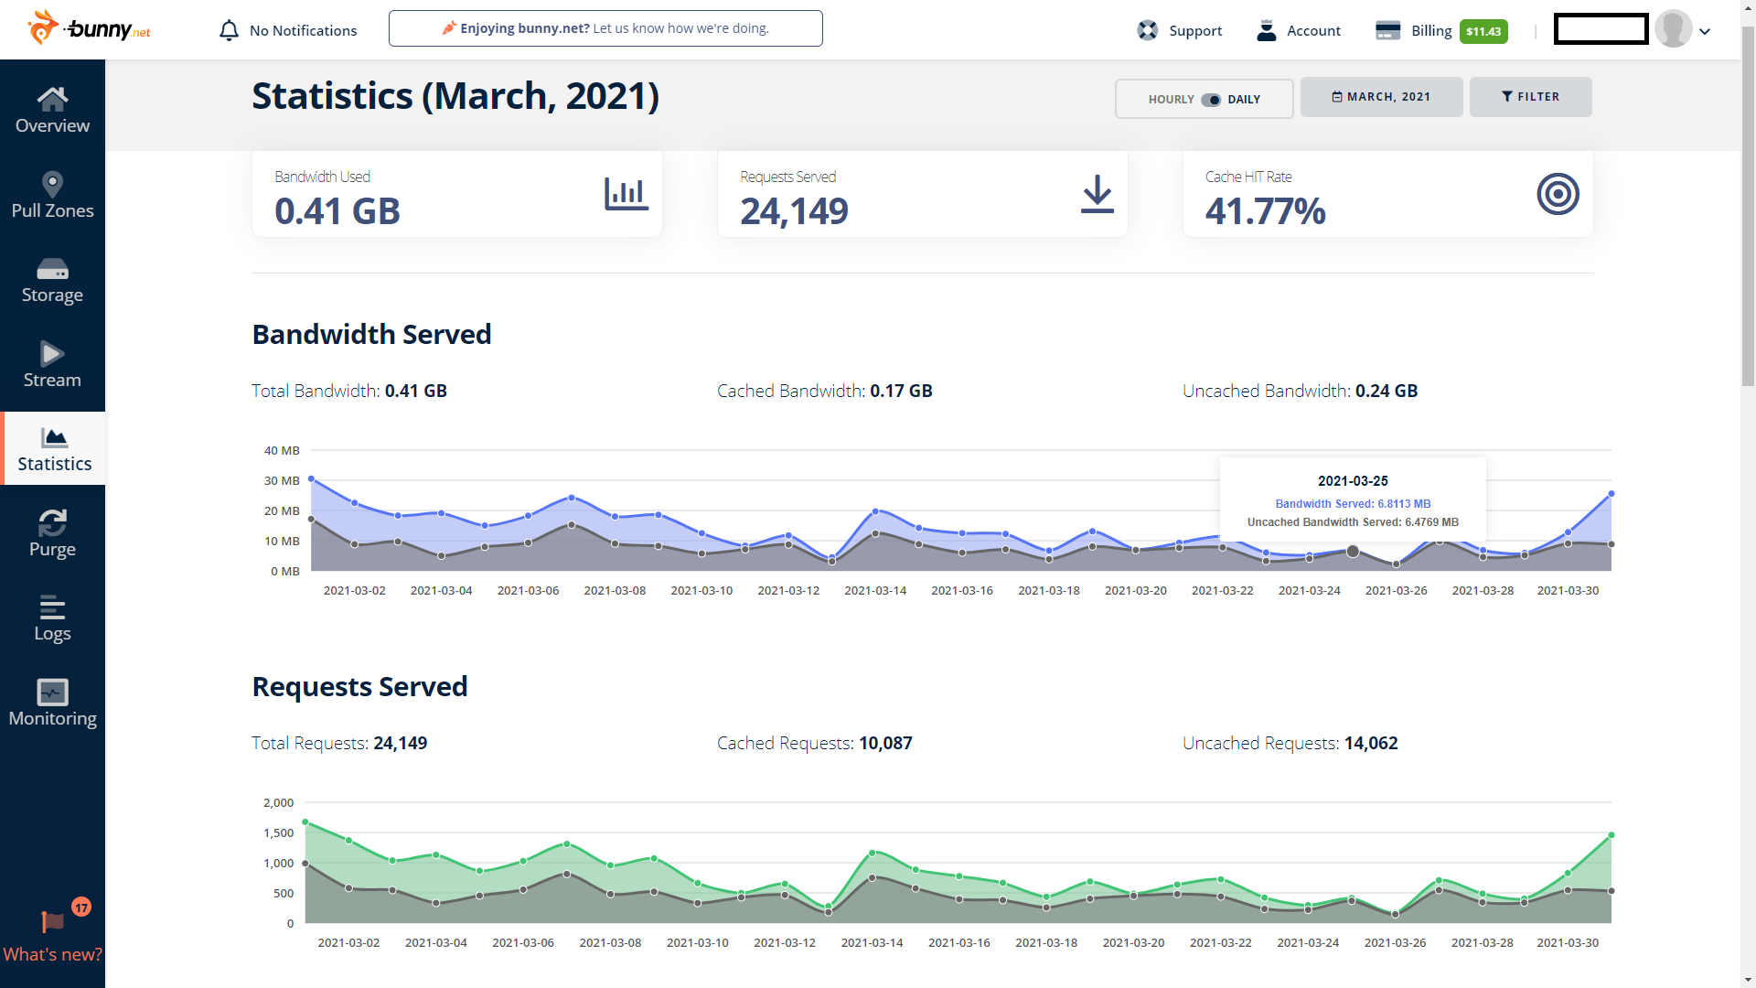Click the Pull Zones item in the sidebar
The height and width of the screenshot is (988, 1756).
(52, 195)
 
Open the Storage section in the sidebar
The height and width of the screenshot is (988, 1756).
(52, 280)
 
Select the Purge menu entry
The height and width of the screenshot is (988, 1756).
(52, 533)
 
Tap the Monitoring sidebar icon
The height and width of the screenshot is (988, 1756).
(53, 693)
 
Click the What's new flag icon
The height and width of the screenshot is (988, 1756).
(53, 921)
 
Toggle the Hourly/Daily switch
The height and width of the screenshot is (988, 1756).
(1211, 100)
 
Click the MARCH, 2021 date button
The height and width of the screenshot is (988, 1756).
(1381, 97)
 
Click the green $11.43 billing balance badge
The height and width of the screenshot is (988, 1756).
(1483, 31)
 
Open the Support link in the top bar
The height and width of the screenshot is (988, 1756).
(1180, 30)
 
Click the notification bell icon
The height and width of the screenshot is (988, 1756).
(229, 30)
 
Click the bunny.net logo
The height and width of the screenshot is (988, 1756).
(90, 28)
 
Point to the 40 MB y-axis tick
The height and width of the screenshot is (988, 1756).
(282, 450)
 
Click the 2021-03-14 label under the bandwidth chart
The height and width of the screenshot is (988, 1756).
(875, 590)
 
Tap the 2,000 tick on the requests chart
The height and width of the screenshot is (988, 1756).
(278, 802)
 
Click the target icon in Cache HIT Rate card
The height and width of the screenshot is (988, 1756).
(1558, 194)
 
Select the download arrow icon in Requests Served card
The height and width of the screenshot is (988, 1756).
(1097, 194)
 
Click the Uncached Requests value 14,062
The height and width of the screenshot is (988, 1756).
(1371, 743)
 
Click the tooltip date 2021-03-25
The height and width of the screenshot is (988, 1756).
(1353, 481)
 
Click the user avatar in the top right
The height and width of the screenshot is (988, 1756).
(1674, 29)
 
